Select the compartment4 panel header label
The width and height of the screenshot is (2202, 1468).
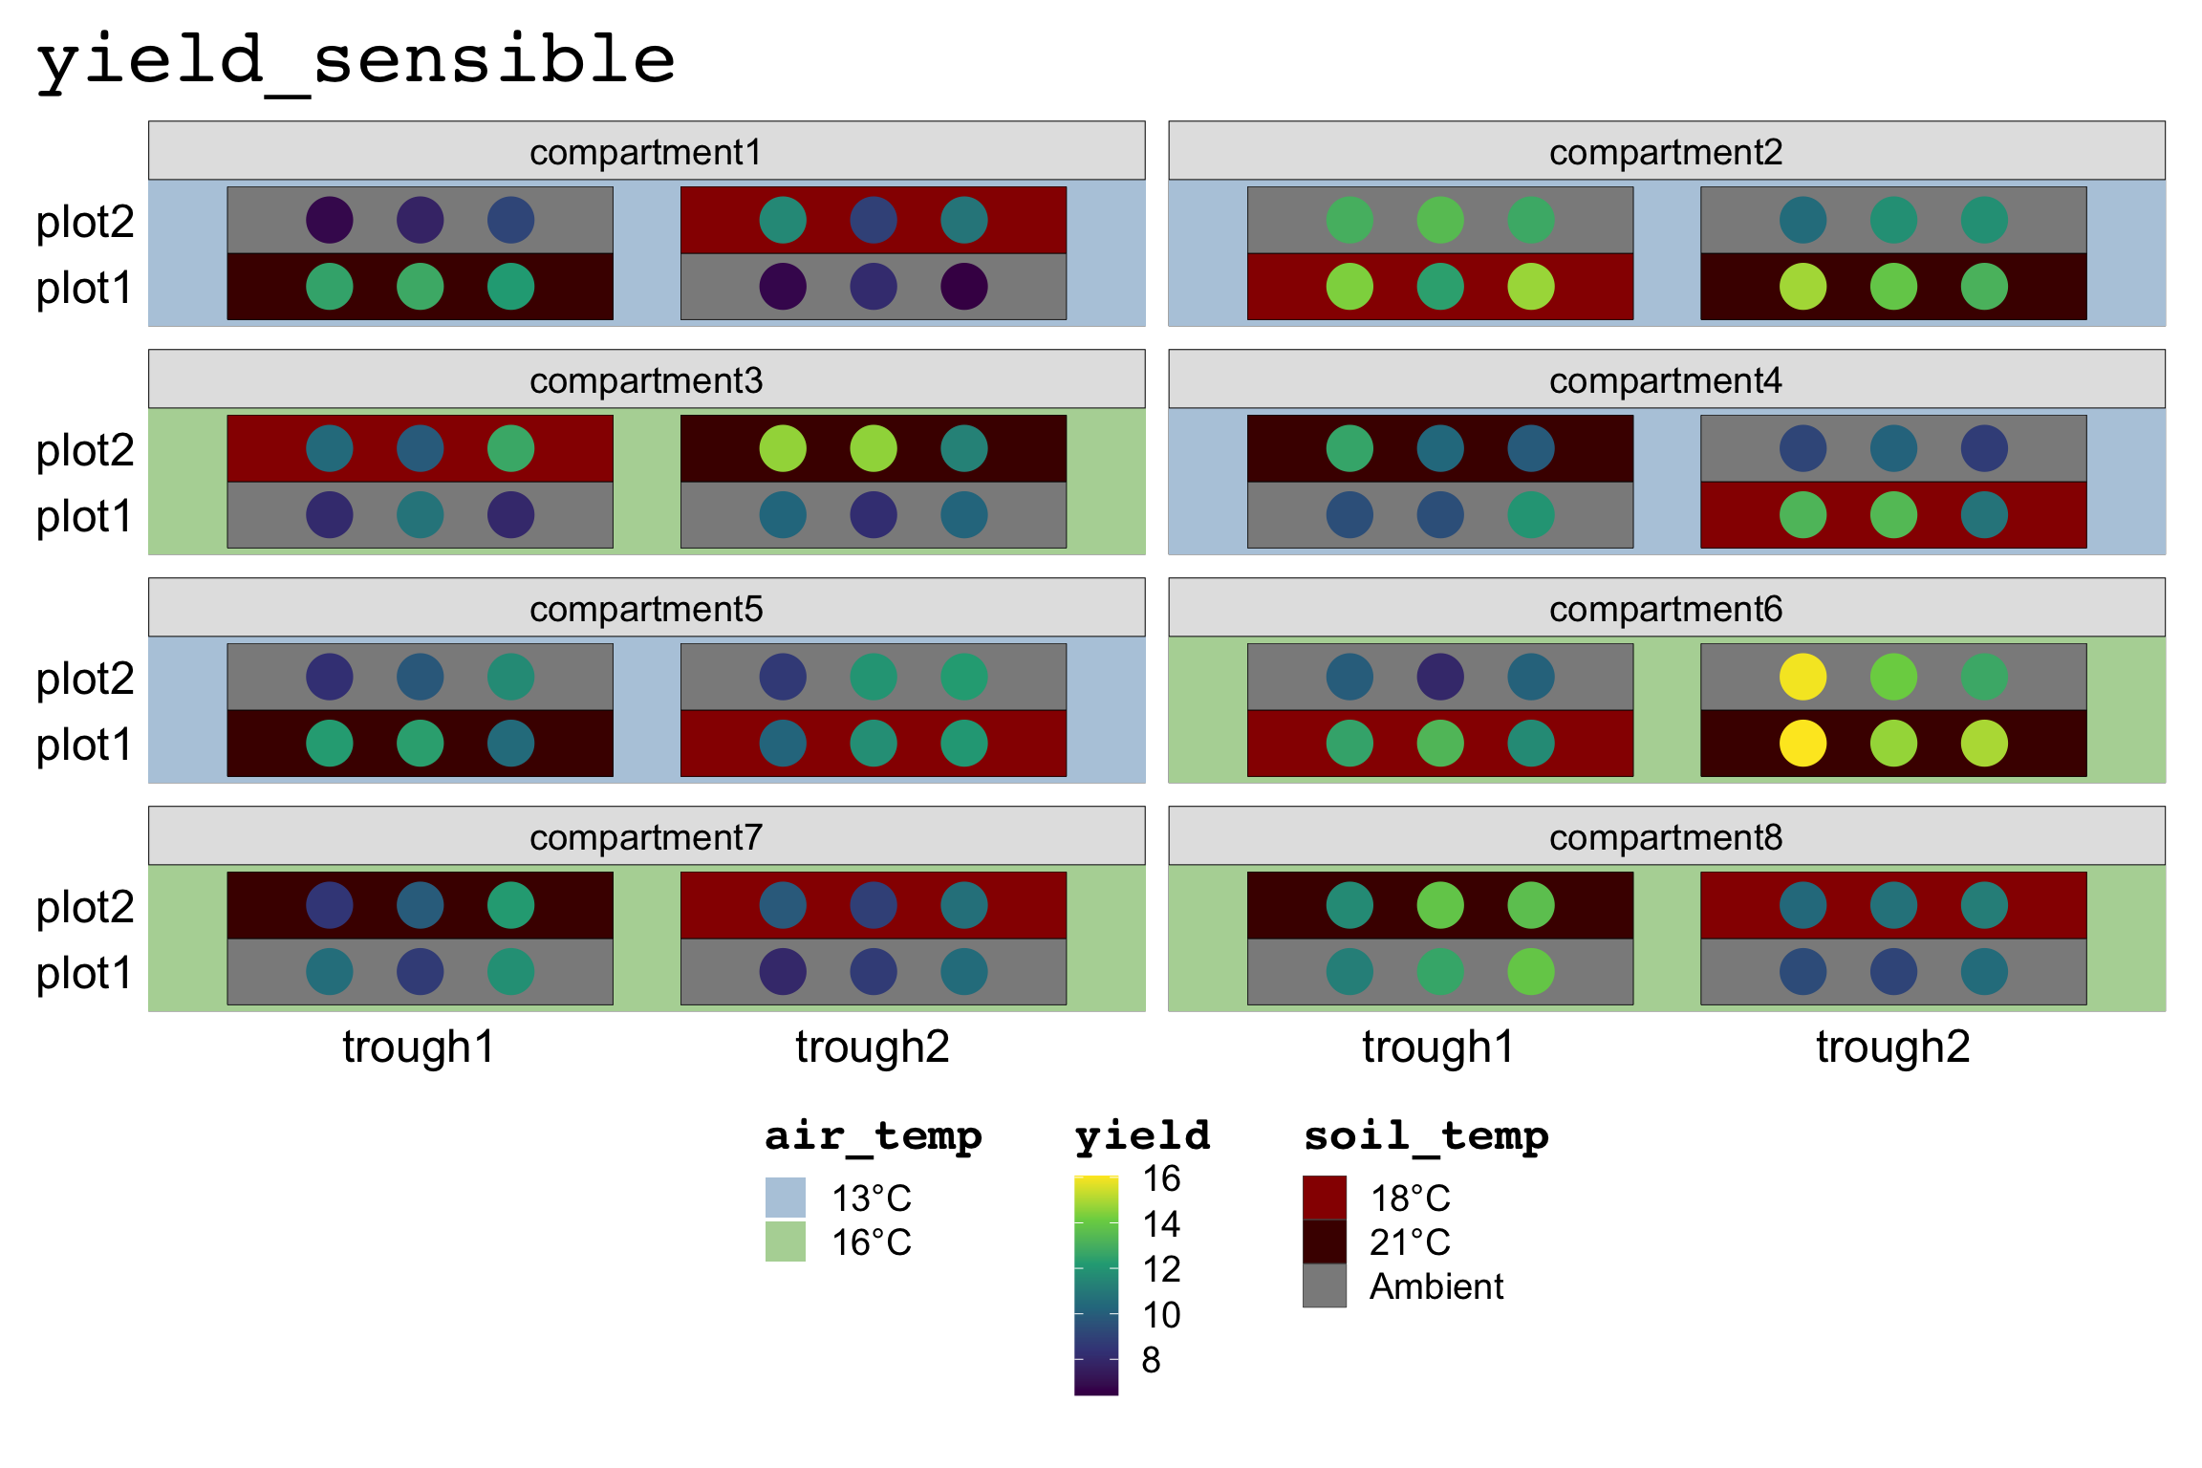tap(1665, 381)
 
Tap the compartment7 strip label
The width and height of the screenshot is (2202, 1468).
tap(646, 838)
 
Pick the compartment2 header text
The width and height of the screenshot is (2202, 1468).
tap(1665, 153)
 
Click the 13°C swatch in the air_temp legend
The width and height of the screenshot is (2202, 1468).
tap(785, 1198)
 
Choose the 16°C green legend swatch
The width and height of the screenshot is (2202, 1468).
tap(785, 1241)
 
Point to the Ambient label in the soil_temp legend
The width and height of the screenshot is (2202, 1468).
tap(1436, 1287)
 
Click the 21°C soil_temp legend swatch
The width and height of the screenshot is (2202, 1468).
tap(1324, 1241)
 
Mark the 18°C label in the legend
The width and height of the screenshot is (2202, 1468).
tap(1410, 1198)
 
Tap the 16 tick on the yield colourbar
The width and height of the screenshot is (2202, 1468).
tap(1161, 1179)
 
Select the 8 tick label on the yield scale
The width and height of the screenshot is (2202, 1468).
tap(1151, 1360)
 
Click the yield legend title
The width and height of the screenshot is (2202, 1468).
tap(1142, 1136)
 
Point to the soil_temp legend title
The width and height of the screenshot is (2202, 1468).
tap(1426, 1136)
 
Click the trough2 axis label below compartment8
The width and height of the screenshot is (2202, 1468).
tap(1892, 1047)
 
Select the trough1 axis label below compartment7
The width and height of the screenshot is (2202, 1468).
tap(419, 1047)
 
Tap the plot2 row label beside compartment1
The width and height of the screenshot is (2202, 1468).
tap(85, 222)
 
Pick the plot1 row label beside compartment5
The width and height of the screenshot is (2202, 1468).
tap(84, 745)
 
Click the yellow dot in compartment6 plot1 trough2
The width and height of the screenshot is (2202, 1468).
tap(1803, 744)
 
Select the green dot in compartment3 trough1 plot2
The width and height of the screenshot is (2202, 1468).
tap(510, 448)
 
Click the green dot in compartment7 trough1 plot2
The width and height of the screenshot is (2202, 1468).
tap(510, 905)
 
